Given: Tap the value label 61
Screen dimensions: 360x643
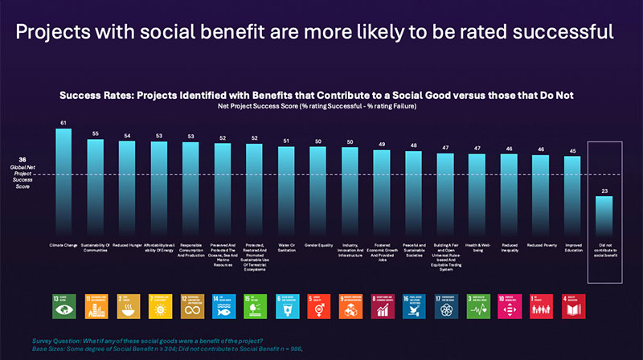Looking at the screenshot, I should [x=64, y=123].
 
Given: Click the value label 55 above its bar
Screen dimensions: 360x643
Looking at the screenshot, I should [x=96, y=133].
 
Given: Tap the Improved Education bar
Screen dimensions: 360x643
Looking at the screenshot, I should [x=571, y=193].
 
